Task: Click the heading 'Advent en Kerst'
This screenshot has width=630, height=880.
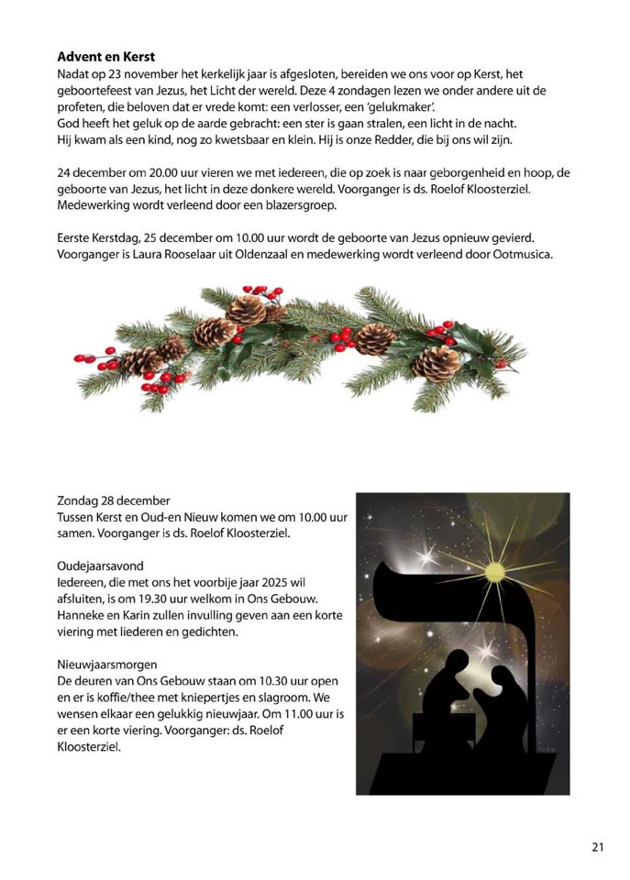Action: (x=105, y=56)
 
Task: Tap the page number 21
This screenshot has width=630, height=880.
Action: (x=598, y=847)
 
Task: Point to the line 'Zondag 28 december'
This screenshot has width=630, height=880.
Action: (x=113, y=500)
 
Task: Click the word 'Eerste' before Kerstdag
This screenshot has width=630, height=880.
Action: (x=74, y=238)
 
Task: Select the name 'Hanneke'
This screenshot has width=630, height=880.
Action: (x=81, y=615)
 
